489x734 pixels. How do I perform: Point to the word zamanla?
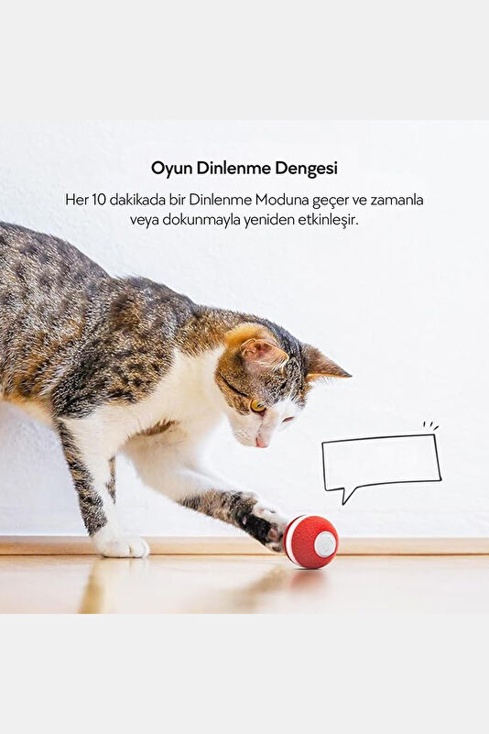coord(397,200)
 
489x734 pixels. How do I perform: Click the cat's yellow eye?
coord(257,405)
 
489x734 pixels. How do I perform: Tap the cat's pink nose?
coord(261,443)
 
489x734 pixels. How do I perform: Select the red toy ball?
coord(310,542)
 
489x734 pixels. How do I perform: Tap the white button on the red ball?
coord(325,543)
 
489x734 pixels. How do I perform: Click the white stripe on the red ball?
coord(290,540)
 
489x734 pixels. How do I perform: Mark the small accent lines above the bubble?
coord(430,426)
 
